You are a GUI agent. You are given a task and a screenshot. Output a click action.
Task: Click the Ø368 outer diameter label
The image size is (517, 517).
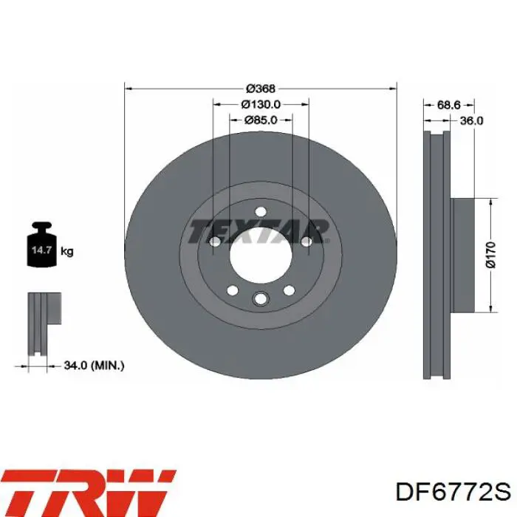pos(261,89)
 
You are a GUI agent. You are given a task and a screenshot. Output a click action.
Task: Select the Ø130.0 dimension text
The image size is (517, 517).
pos(261,104)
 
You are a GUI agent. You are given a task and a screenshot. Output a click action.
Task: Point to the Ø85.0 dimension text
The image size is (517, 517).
pos(261,120)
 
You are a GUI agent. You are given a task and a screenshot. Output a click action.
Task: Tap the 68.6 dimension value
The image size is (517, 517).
pos(448,105)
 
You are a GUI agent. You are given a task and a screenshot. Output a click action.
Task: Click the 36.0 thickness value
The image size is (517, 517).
pos(471,120)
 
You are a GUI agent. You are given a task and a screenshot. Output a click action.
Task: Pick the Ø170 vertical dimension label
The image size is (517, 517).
pos(491,255)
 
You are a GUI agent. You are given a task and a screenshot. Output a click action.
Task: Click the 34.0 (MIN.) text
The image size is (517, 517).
pos(94,366)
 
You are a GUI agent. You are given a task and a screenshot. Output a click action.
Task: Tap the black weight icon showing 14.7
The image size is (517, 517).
pos(42,244)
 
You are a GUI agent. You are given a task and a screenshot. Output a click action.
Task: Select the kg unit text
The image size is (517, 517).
pos(67,252)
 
